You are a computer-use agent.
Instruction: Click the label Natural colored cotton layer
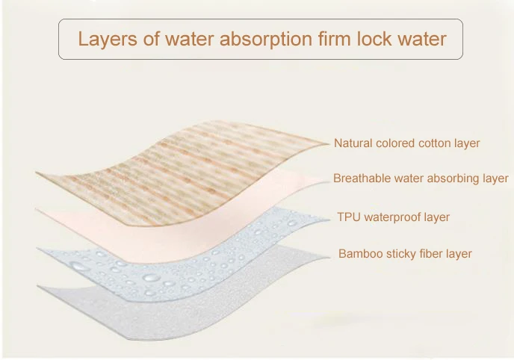406,143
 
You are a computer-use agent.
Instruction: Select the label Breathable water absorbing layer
421,179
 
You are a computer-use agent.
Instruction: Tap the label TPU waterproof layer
393,217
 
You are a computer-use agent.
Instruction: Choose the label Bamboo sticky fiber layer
405,254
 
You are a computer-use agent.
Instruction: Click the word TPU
349,217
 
